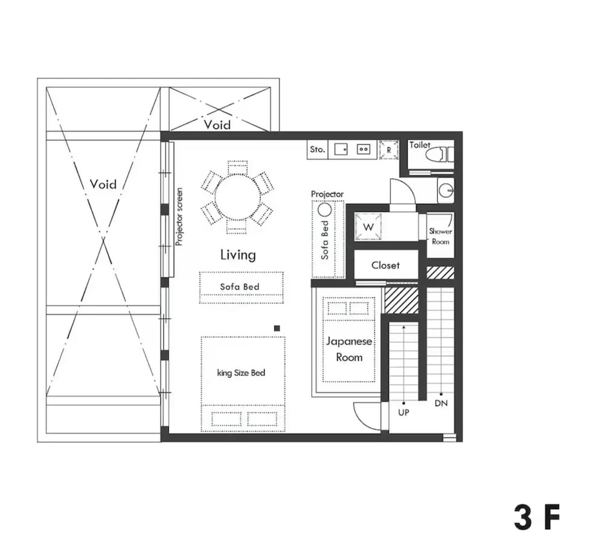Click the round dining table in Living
click(x=238, y=197)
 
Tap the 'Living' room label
click(x=238, y=255)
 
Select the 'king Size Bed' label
click(x=241, y=373)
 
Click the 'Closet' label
click(x=385, y=265)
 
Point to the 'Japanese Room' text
click(x=349, y=349)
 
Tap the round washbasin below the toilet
click(x=445, y=191)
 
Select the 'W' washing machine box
click(x=368, y=227)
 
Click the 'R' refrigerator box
click(x=389, y=149)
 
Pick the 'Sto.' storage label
click(x=317, y=149)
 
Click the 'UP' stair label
click(x=404, y=413)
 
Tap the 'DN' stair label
click(x=441, y=404)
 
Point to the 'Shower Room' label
click(x=440, y=236)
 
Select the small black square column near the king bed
click(x=277, y=328)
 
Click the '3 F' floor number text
click(x=537, y=518)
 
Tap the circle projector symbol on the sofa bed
click(x=325, y=210)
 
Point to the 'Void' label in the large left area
click(x=103, y=184)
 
